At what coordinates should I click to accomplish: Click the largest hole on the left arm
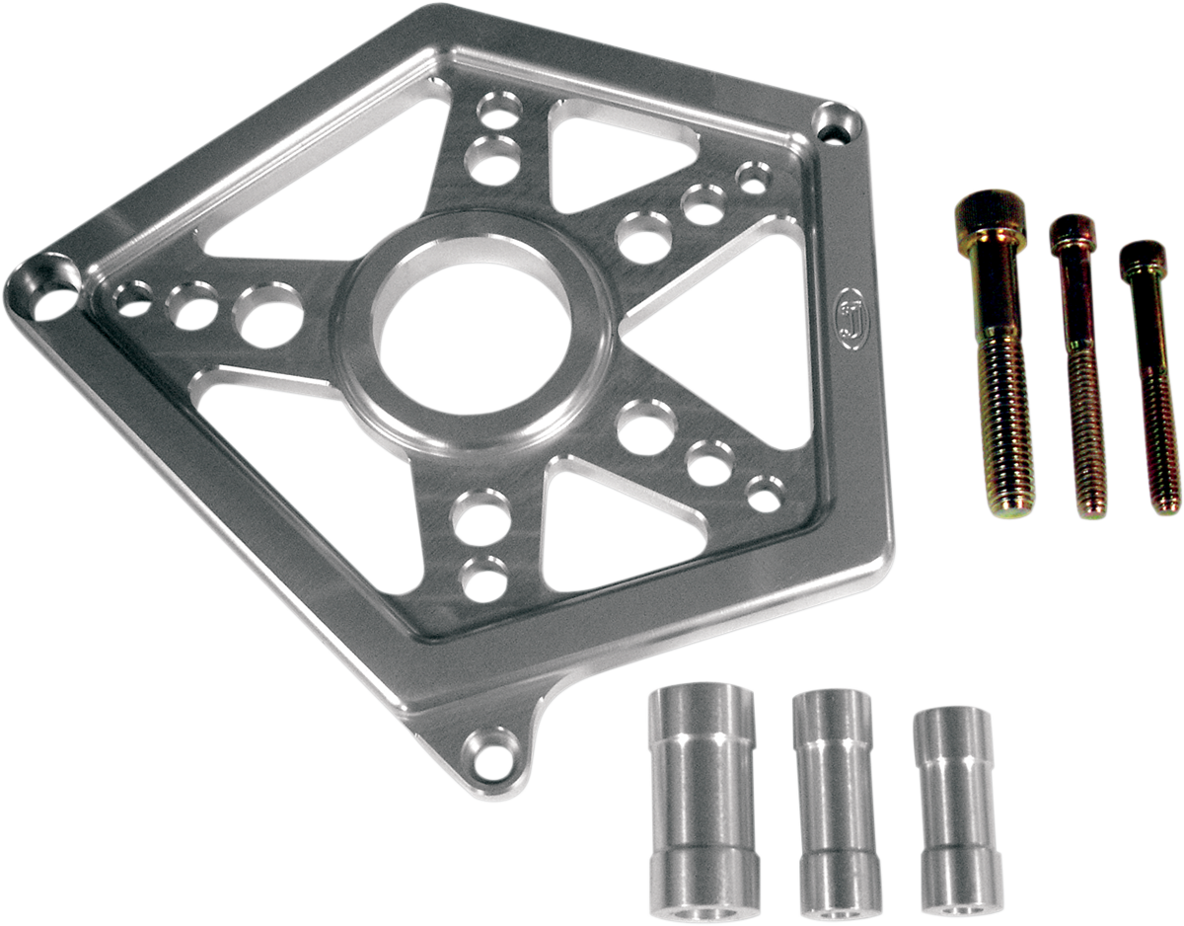tap(267, 315)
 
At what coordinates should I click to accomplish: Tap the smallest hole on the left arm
tap(134, 296)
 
